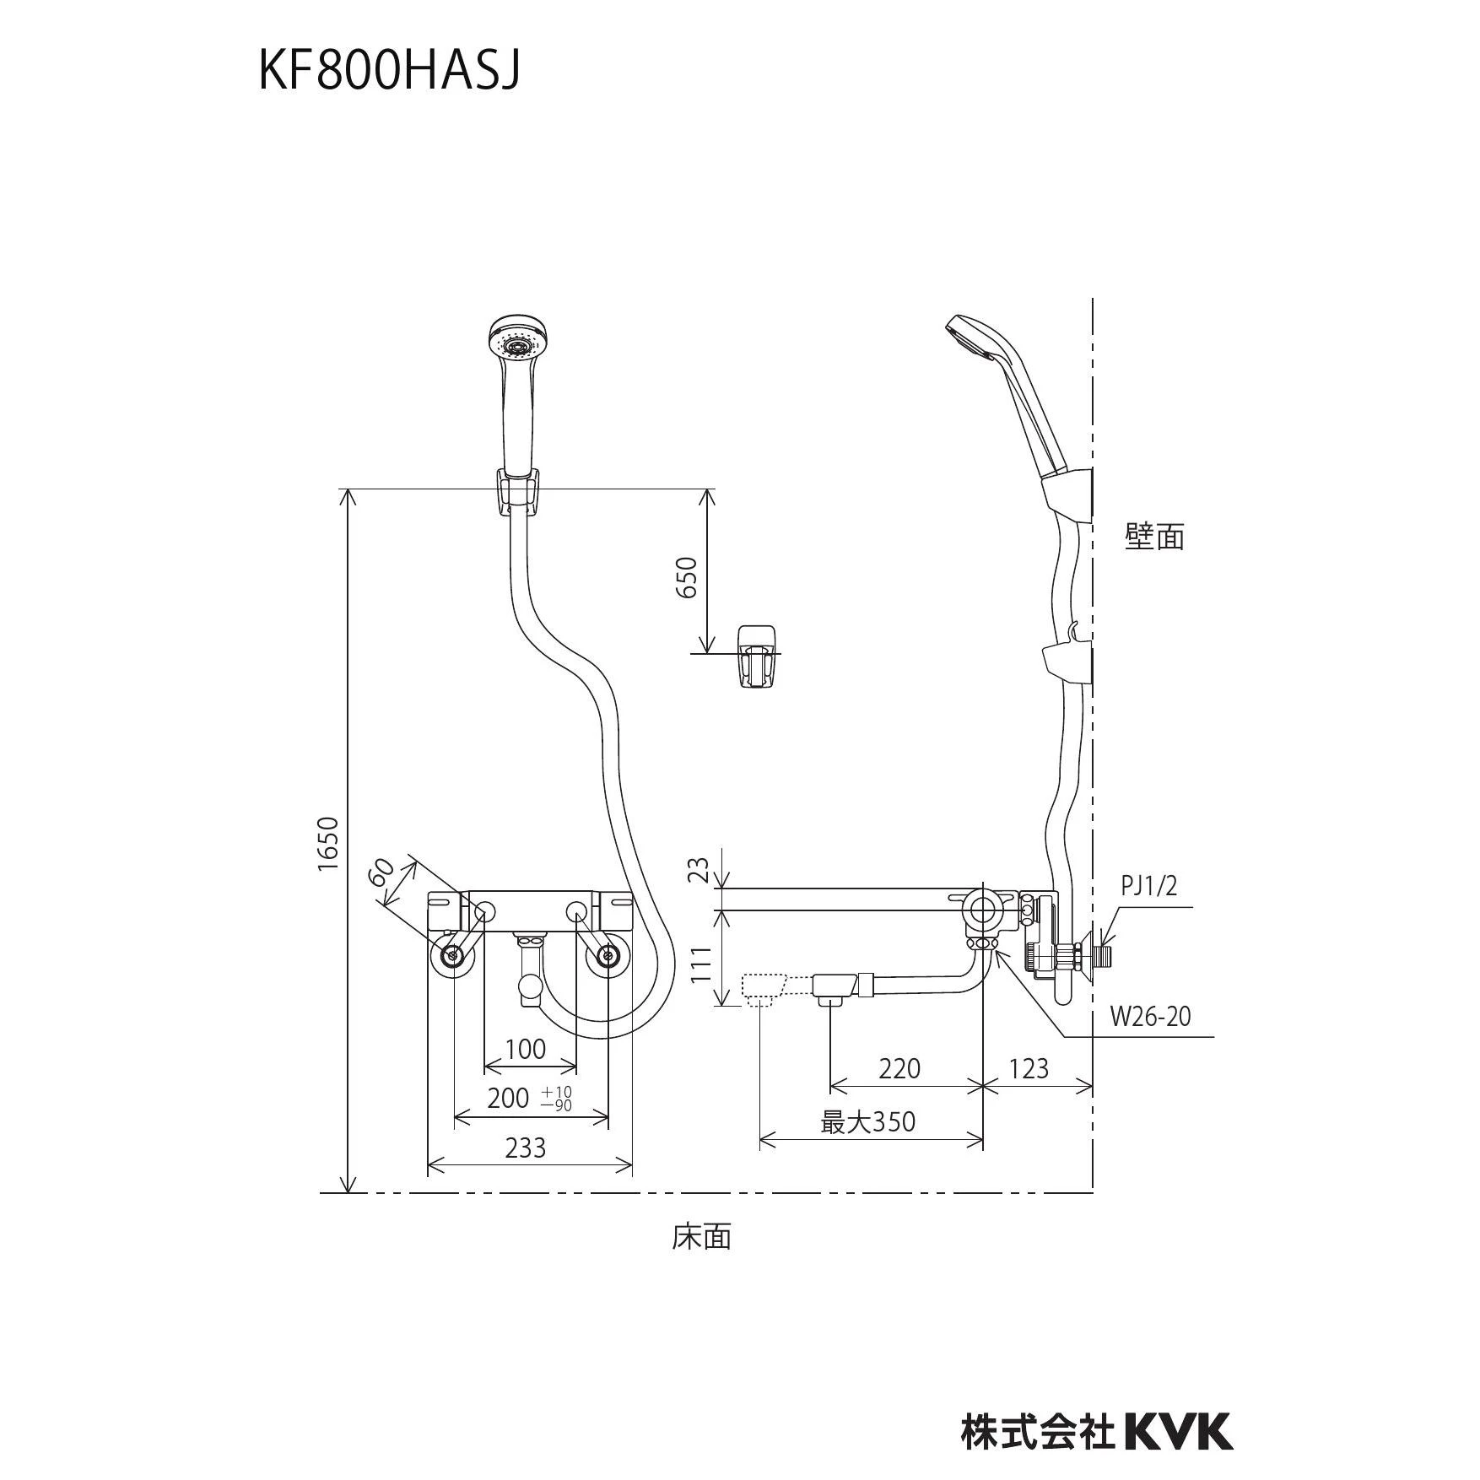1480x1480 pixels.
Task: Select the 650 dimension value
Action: [688, 577]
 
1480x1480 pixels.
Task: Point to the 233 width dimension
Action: [526, 1147]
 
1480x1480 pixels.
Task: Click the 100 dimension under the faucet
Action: [525, 1049]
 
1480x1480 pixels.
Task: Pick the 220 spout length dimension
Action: [899, 1068]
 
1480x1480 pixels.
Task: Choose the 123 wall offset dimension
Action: [1028, 1068]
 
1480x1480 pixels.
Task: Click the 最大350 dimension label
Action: [868, 1121]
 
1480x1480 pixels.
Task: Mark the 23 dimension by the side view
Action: [699, 871]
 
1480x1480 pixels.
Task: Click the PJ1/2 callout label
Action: [1148, 885]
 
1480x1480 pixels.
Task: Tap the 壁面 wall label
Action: [1154, 536]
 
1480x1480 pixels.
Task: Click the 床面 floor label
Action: [702, 1237]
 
